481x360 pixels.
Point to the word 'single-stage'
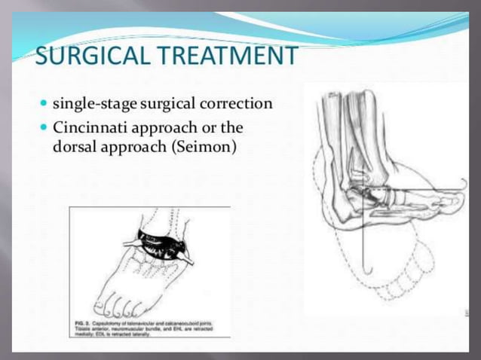pyautogui.click(x=93, y=103)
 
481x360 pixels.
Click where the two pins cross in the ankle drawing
pyautogui.click(x=363, y=191)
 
